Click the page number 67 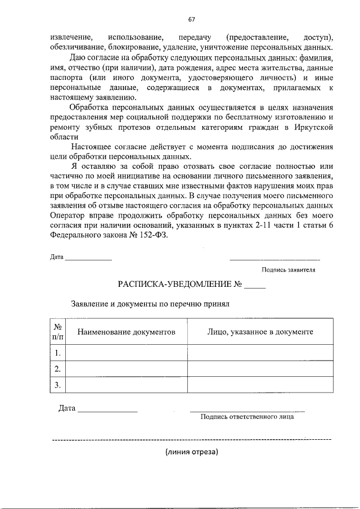191,19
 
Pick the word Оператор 67,217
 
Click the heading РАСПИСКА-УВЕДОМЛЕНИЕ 174,285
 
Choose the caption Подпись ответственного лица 247,417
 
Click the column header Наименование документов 127,332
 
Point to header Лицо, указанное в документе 260,332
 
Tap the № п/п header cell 57,332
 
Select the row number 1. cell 57,353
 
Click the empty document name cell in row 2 127,369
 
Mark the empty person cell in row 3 260,385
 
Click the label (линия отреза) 191,452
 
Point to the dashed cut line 191,439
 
